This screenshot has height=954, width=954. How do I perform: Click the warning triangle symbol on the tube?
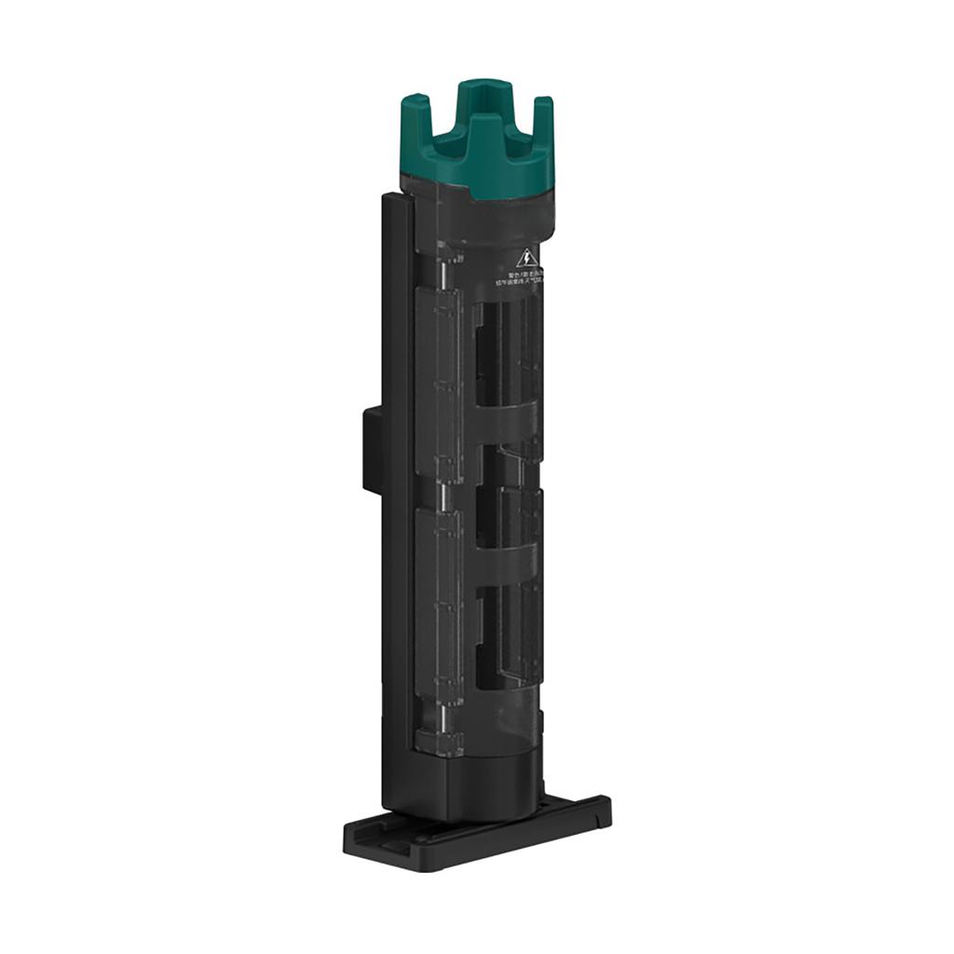(527, 257)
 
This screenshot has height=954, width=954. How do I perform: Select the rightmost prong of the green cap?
(543, 130)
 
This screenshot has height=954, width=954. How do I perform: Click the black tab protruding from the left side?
(372, 448)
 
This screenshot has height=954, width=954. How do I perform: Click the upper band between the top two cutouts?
(508, 425)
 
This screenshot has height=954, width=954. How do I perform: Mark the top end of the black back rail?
(396, 198)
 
